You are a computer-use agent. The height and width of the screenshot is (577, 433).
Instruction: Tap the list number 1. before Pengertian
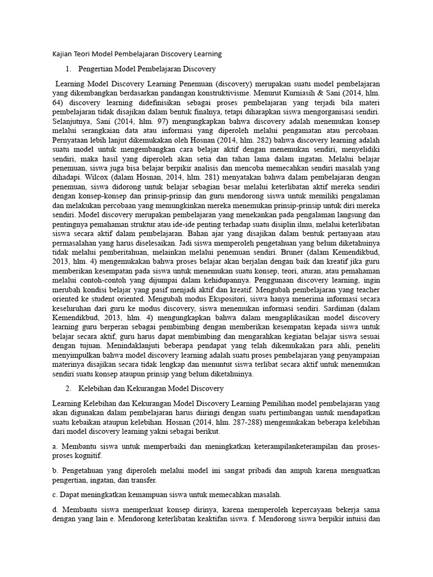tap(68, 69)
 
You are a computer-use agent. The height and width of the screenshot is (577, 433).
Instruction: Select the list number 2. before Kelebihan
tap(68, 389)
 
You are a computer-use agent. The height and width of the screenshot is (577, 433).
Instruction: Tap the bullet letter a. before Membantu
tap(54, 447)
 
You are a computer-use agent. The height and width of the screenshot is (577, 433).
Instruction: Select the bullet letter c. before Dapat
tap(54, 495)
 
